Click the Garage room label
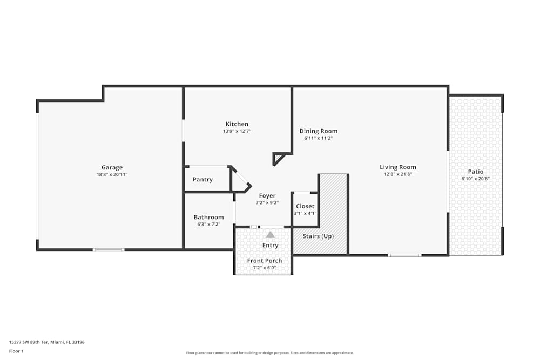click(112, 167)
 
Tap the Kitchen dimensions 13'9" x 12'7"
click(237, 131)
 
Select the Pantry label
click(202, 180)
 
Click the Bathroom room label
click(208, 217)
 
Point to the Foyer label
click(267, 195)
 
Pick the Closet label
click(305, 206)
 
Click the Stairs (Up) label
click(318, 236)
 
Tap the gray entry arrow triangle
click(270, 235)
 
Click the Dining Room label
click(319, 131)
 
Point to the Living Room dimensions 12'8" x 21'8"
click(398, 174)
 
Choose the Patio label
click(476, 172)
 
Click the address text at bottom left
click(46, 342)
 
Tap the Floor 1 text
click(17, 351)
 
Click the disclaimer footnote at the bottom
click(270, 352)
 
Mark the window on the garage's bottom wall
click(109, 249)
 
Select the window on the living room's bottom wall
click(404, 255)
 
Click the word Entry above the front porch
click(270, 246)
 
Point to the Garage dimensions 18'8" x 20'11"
click(112, 174)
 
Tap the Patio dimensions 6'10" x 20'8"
click(476, 179)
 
